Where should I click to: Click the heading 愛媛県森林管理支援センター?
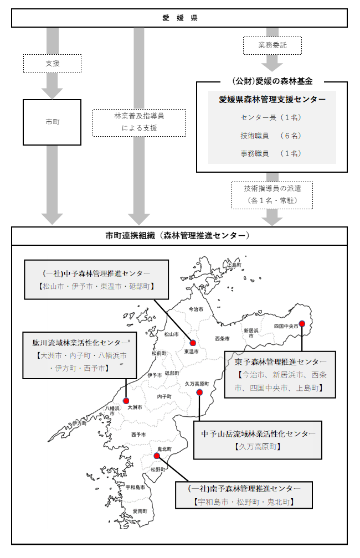[x=272, y=100]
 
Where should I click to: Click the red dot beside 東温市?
[x=193, y=343]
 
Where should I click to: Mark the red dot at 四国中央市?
[x=302, y=324]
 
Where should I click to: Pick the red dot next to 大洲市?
[x=126, y=401]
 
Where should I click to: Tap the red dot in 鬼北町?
[x=157, y=456]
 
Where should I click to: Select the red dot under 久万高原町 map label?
[x=199, y=392]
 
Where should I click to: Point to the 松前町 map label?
[x=159, y=353]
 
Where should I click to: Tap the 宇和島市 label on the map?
[x=135, y=487]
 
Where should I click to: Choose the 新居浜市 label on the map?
[x=251, y=333]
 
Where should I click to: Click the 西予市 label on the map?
[x=138, y=435]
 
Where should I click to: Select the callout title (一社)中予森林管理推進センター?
[x=96, y=273]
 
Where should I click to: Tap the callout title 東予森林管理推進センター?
[x=280, y=362]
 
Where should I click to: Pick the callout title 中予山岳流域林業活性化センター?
[x=258, y=433]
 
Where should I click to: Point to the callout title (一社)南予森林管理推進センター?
[x=244, y=489]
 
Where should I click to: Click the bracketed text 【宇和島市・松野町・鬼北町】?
[x=244, y=502]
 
